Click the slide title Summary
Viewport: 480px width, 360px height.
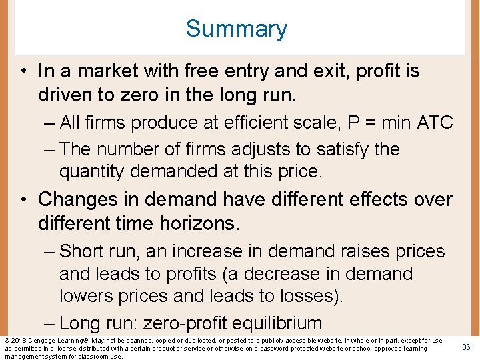click(x=236, y=29)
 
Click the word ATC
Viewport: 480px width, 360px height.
click(x=435, y=123)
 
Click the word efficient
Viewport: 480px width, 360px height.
click(x=253, y=123)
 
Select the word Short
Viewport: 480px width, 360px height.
click(x=83, y=251)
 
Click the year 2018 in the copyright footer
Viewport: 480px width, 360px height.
click(x=19, y=341)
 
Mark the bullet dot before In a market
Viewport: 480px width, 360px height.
click(x=23, y=71)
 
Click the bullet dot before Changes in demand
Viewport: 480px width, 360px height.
click(x=23, y=199)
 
